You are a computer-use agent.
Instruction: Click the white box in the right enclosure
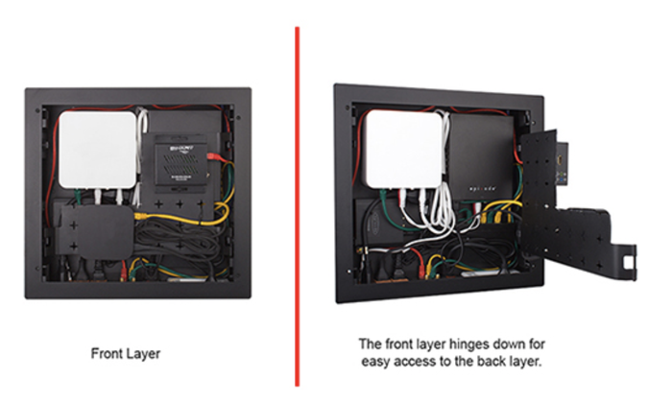(x=402, y=145)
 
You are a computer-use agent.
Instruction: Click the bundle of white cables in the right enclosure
(x=441, y=206)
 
